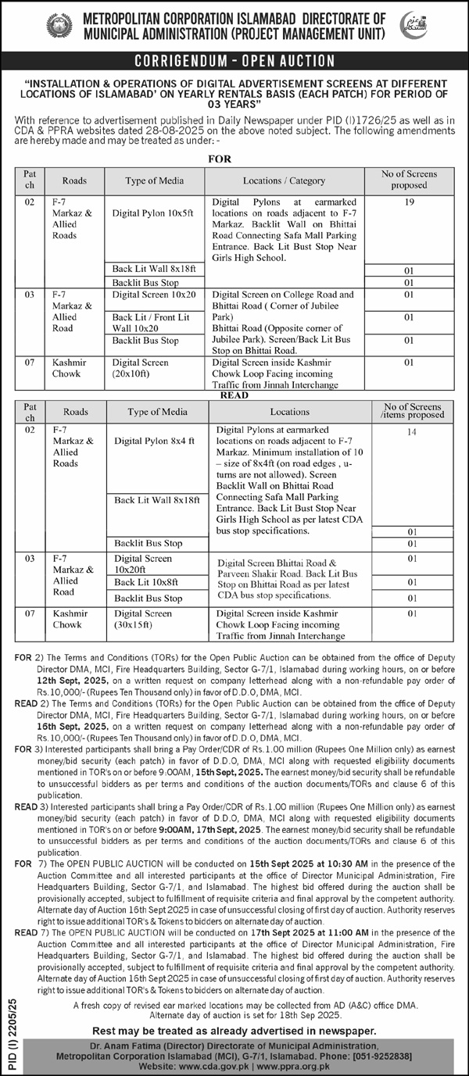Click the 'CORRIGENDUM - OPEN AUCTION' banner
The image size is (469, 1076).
(x=234, y=61)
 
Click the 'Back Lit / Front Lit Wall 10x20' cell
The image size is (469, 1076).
(x=148, y=323)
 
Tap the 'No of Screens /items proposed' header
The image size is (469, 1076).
(x=408, y=412)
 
